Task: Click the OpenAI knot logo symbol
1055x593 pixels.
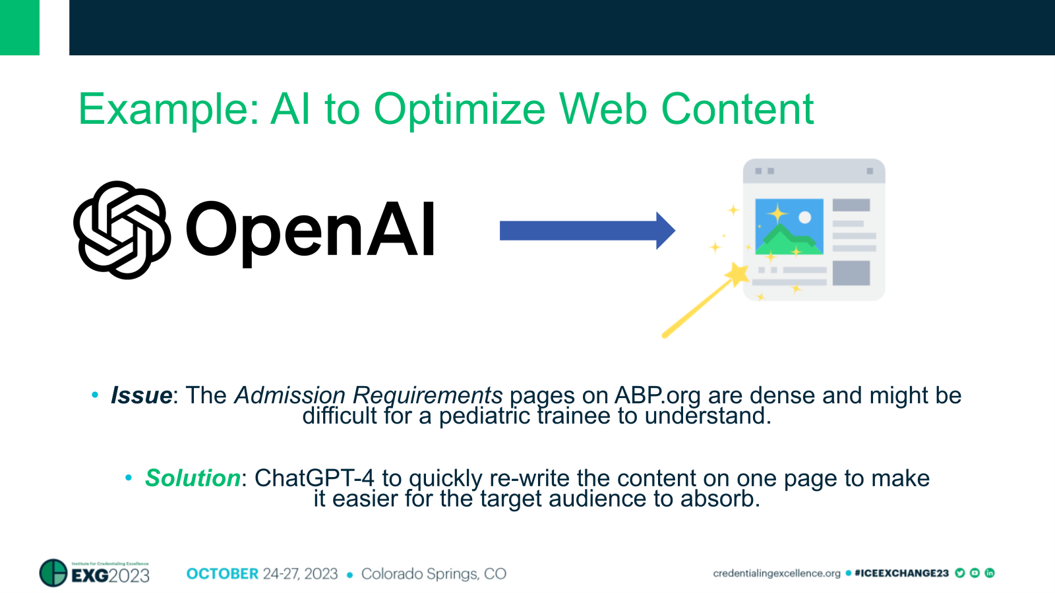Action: point(122,230)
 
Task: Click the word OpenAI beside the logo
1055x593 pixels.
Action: point(310,230)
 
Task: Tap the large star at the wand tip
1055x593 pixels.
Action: point(737,273)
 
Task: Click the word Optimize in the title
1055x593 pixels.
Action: point(460,109)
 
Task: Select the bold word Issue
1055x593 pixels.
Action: point(141,395)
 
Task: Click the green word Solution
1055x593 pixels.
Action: point(193,478)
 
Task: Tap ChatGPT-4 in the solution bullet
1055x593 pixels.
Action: point(314,478)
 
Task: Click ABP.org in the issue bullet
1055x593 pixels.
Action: point(657,395)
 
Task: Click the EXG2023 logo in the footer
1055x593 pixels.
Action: point(95,573)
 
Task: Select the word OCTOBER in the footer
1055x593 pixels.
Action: point(222,574)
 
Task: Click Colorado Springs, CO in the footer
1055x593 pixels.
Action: point(433,574)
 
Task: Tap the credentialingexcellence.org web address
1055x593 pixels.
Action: point(776,573)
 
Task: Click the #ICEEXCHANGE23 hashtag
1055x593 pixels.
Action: point(901,573)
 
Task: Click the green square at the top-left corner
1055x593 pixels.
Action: point(19,27)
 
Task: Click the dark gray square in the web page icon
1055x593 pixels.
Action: point(851,273)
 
